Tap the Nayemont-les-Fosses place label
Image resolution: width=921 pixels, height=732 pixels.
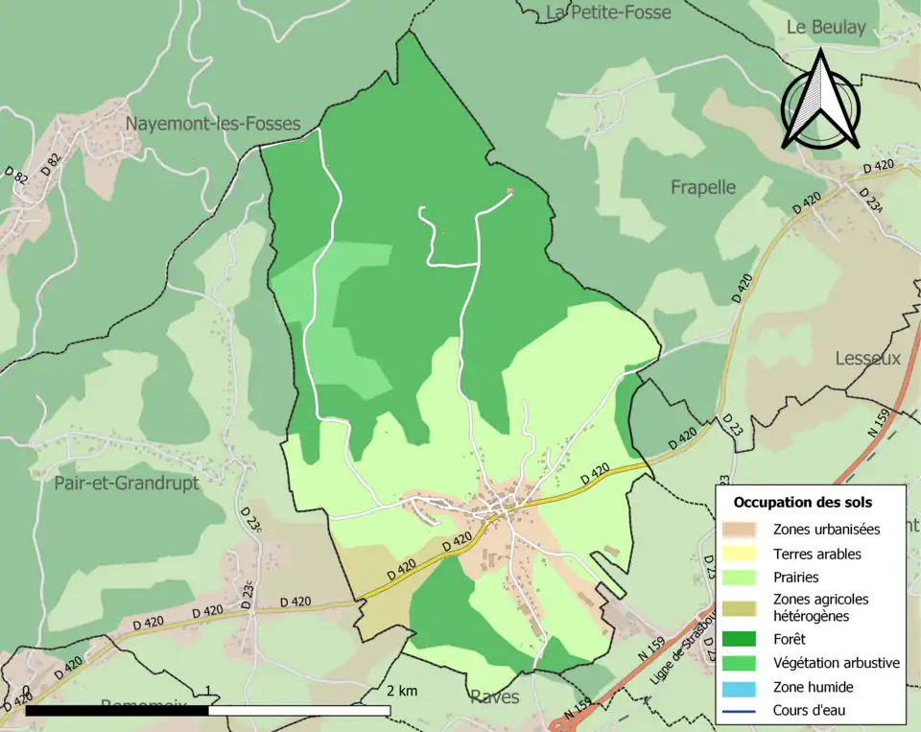pyautogui.click(x=213, y=124)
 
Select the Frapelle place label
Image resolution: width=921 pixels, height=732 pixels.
pyautogui.click(x=703, y=187)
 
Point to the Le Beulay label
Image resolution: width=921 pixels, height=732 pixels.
pyautogui.click(x=826, y=28)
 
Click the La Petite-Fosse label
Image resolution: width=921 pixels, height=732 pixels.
pyautogui.click(x=608, y=12)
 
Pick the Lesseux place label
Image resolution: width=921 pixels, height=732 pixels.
pyautogui.click(x=868, y=358)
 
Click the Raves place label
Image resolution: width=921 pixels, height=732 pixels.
pyautogui.click(x=495, y=697)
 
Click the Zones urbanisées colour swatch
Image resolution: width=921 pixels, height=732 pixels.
pyautogui.click(x=744, y=529)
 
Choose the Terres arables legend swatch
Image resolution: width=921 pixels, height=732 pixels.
pyautogui.click(x=744, y=554)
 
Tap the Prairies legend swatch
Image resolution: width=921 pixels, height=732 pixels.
pyautogui.click(x=744, y=578)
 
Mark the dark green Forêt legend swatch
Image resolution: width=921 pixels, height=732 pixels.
pyautogui.click(x=744, y=638)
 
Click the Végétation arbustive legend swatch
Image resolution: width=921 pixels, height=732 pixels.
pyautogui.click(x=744, y=662)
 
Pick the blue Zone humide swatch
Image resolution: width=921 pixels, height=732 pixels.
pyautogui.click(x=744, y=687)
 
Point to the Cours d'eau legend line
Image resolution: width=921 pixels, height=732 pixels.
pyautogui.click(x=744, y=711)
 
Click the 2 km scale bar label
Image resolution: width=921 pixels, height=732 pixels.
pyautogui.click(x=402, y=691)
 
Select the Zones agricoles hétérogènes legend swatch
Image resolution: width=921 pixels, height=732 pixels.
pyautogui.click(x=744, y=607)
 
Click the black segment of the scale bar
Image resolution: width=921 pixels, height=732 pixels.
pyautogui.click(x=116, y=711)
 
